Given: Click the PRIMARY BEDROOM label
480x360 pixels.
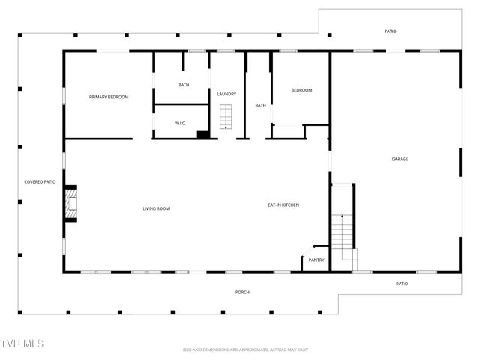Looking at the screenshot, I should pos(109,97).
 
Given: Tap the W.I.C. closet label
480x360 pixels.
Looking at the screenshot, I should pos(180,123).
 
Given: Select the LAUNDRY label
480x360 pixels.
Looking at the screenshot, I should pos(226,94).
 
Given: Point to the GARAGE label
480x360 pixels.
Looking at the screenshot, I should pos(399,159).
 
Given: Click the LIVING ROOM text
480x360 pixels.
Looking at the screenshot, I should pos(156,208).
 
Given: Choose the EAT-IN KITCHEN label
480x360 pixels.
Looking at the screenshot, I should pos(283,205).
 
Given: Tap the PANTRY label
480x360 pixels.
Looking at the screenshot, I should pos(316,260).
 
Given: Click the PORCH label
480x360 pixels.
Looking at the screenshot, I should pos(242,292).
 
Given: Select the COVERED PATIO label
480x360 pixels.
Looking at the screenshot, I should pos(40,181).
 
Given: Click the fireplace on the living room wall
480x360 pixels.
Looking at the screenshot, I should pos(70,203).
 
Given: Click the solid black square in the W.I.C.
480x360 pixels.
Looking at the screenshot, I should pos(202,135).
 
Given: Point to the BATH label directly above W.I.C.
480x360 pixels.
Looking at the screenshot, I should pos(184,85).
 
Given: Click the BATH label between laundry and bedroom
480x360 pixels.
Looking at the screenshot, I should pos(260,105).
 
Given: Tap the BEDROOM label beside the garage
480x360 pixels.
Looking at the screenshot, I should pos(301,90).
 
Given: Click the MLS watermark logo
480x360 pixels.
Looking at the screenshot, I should pos(22,343).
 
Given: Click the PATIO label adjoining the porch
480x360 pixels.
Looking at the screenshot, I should pos(401,283).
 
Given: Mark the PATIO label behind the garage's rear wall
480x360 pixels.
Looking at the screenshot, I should pos(391,31).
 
